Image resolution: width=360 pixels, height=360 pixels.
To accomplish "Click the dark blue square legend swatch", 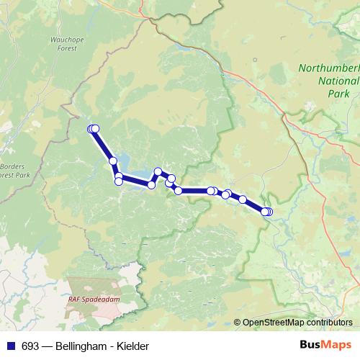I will coord(11,346).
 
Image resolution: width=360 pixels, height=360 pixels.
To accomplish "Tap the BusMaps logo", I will coord(325,346).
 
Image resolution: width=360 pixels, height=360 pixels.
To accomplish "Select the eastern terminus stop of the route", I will coord(267,211).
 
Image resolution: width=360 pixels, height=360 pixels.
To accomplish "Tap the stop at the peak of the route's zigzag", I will coord(158,171).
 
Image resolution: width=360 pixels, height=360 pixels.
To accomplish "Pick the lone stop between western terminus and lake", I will coord(112,161).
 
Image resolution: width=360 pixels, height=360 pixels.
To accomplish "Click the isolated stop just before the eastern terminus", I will coord(243,199).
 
